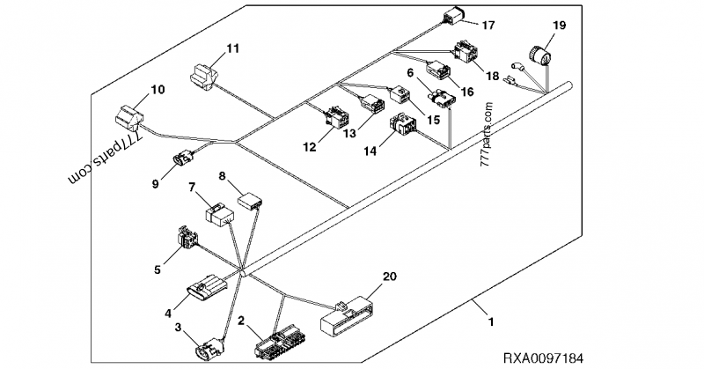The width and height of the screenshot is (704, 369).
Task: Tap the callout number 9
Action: pos(155,184)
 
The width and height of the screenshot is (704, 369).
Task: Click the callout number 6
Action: pos(410,73)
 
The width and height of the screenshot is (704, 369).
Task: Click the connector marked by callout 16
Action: pos(438,70)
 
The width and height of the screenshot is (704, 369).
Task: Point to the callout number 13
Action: pos(348,133)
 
